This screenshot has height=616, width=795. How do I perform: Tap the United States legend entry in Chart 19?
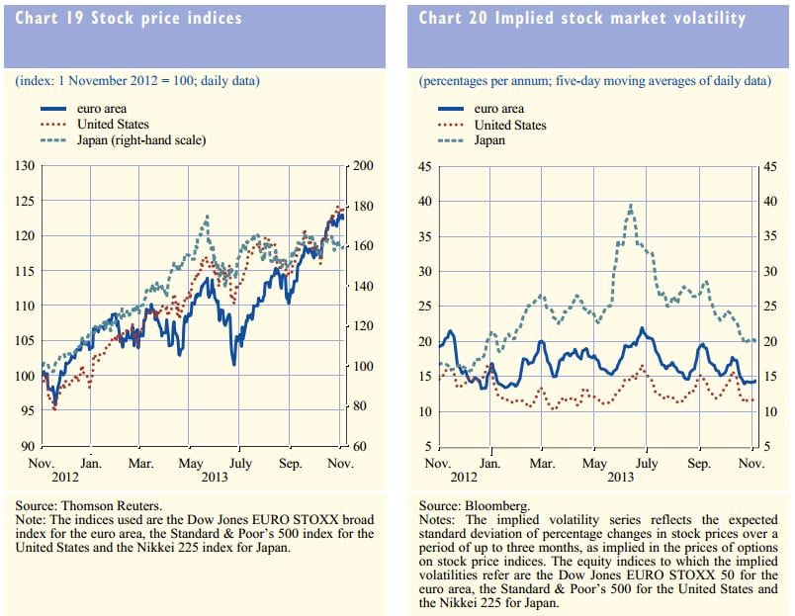113,125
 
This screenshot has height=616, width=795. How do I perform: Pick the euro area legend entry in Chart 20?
499,110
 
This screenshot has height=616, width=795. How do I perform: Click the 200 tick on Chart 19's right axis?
363,166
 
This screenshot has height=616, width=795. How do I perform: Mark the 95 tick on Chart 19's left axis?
25,411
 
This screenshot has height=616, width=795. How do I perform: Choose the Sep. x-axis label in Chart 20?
698,463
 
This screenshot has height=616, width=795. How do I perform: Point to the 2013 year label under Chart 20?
620,477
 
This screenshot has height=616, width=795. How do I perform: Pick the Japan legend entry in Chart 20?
489,140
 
